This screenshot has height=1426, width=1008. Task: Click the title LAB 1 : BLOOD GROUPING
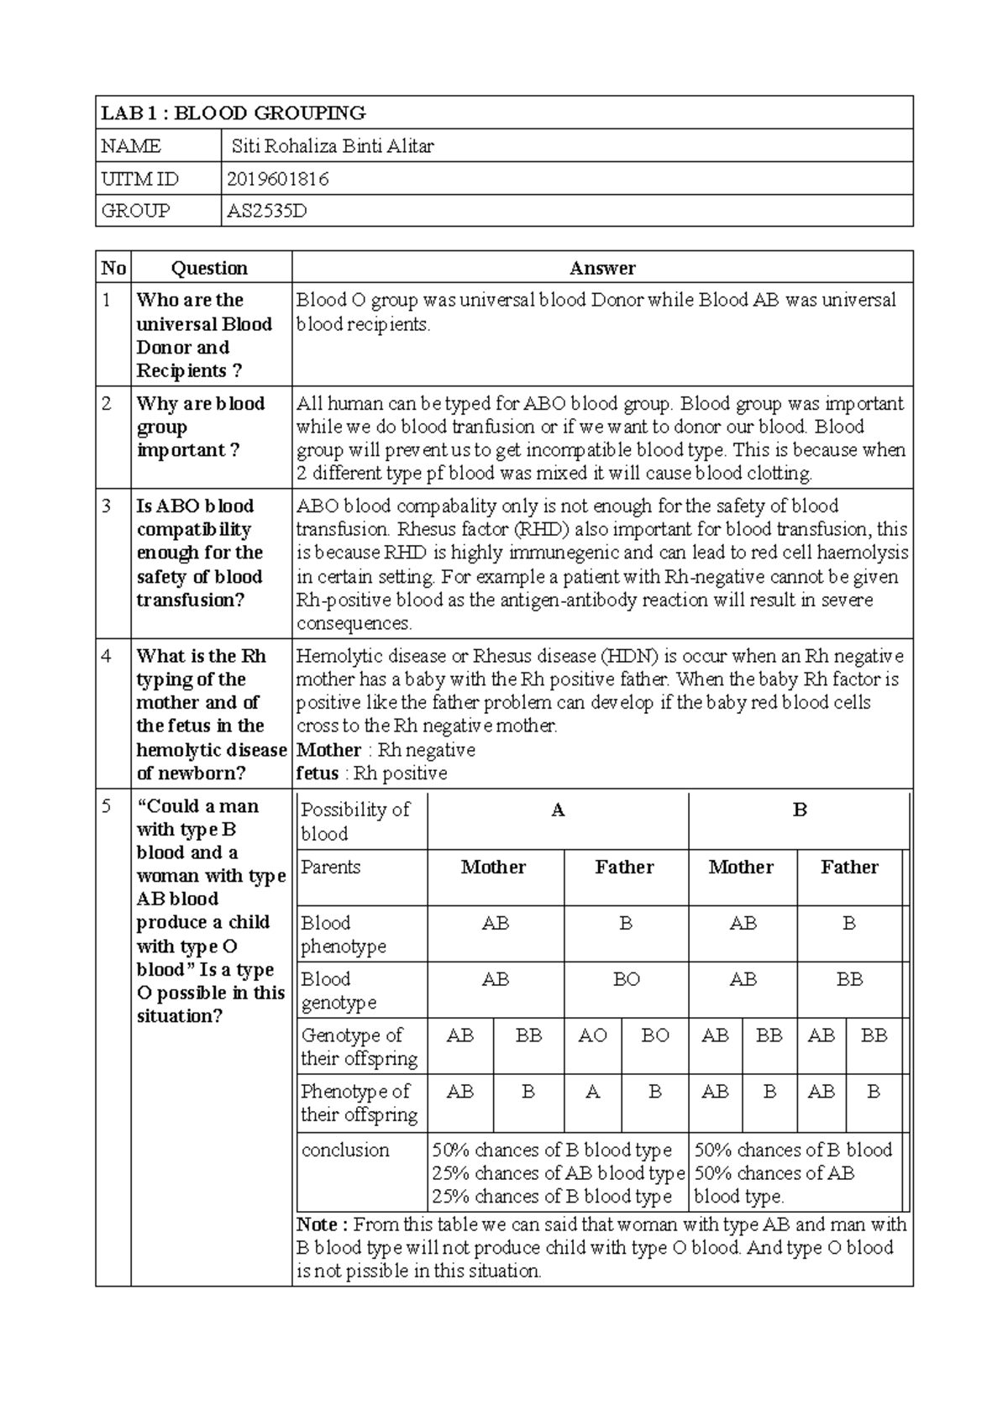click(x=233, y=113)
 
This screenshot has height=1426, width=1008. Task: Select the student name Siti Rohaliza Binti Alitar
click(x=333, y=146)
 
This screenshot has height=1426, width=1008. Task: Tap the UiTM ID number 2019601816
click(x=277, y=179)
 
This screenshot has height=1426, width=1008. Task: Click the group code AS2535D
click(x=267, y=211)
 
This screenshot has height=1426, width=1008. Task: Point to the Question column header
click(x=209, y=268)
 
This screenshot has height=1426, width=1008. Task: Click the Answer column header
click(x=601, y=268)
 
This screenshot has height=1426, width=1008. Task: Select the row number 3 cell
click(x=108, y=506)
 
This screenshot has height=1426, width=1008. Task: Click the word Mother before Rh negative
click(x=328, y=750)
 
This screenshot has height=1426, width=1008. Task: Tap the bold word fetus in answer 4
click(x=318, y=773)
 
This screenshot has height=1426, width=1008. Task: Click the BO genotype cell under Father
click(x=626, y=980)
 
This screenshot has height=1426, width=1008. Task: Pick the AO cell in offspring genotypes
click(x=592, y=1035)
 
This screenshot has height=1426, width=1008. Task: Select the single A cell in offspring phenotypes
click(x=592, y=1092)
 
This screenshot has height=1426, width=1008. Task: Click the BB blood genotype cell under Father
click(x=849, y=980)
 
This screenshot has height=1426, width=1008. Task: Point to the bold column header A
click(x=558, y=810)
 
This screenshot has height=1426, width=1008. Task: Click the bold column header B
click(x=800, y=810)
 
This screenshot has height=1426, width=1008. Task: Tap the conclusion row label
click(x=345, y=1150)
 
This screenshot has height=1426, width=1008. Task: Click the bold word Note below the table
click(x=317, y=1224)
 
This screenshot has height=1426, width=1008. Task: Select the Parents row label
click(x=331, y=867)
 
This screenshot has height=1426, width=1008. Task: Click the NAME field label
click(x=131, y=146)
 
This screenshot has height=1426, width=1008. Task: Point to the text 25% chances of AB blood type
click(x=559, y=1173)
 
